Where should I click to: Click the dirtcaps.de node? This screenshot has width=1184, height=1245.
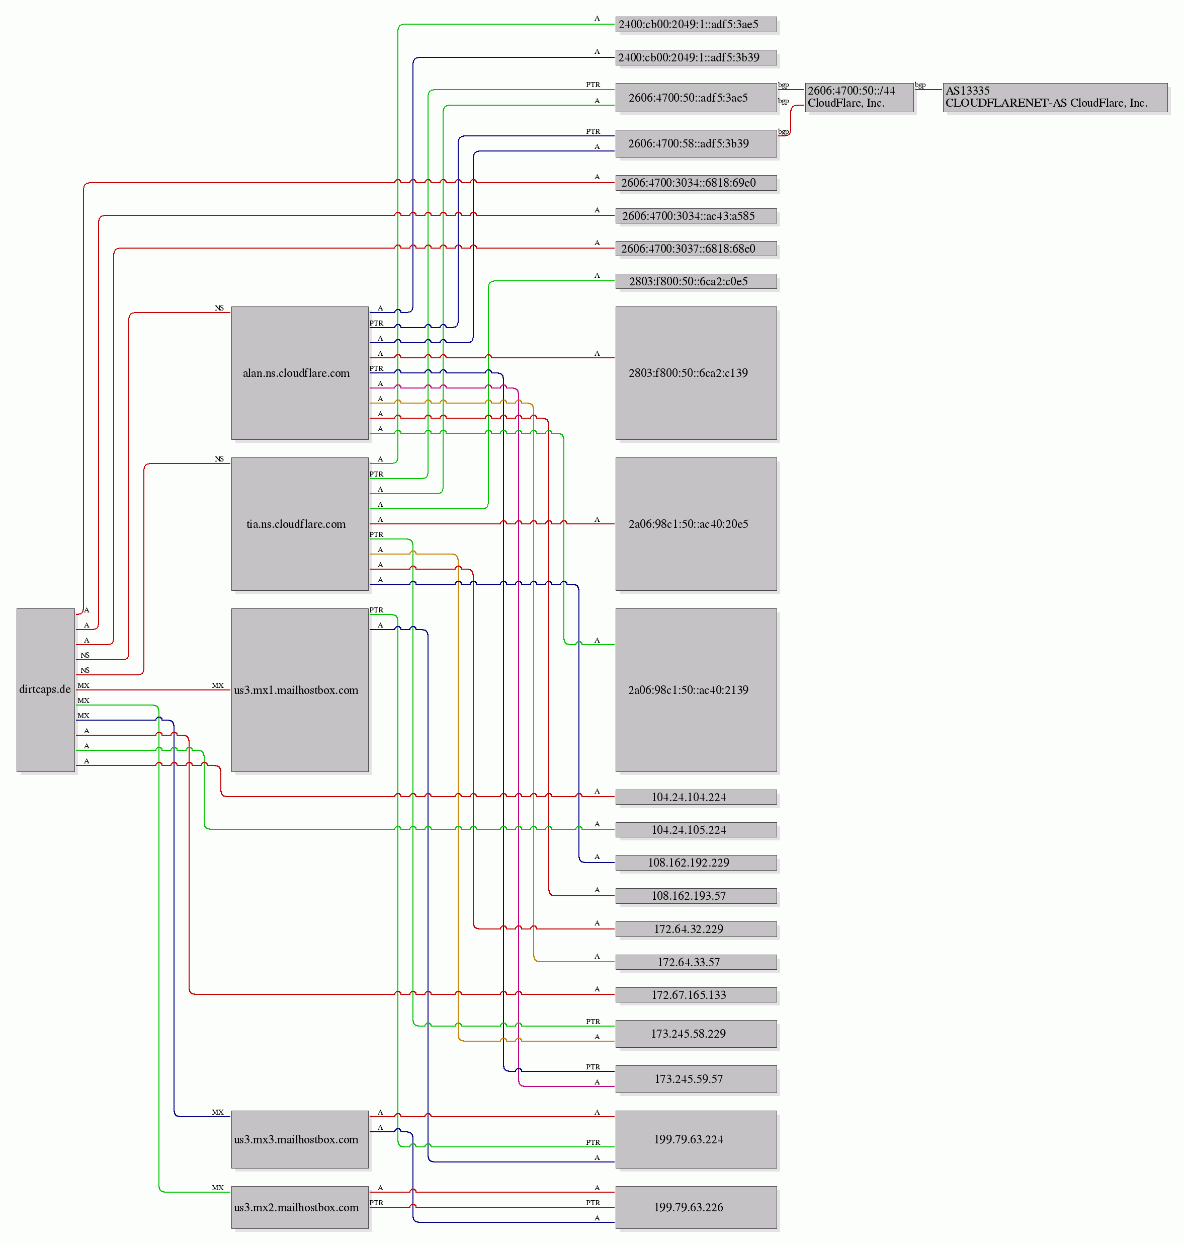(45, 689)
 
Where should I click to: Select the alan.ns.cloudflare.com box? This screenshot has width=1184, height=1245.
(300, 373)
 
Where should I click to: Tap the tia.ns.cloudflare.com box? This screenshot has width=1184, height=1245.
(300, 524)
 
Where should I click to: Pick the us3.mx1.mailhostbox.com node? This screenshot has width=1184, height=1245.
(300, 690)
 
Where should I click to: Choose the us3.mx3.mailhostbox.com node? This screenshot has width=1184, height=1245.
(300, 1139)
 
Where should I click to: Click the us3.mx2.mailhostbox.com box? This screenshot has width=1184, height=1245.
(300, 1207)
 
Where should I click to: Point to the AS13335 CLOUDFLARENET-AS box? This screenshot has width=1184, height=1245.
(1055, 97)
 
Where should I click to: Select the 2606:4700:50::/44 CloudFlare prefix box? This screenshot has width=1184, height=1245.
(860, 97)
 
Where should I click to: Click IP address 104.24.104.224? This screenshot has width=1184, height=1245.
(696, 797)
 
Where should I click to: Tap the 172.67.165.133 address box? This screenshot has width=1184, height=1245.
(696, 994)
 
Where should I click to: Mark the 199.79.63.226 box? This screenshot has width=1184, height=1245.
(696, 1207)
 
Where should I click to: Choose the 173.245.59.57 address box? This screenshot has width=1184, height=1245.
(696, 1079)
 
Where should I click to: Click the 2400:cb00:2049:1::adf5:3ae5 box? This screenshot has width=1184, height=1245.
(696, 25)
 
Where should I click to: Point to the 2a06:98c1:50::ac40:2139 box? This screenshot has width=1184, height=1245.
(696, 690)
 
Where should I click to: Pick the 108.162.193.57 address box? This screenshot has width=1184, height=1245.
(696, 896)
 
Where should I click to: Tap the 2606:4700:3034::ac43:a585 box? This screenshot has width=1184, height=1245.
(696, 216)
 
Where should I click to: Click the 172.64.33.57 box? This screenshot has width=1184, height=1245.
(696, 962)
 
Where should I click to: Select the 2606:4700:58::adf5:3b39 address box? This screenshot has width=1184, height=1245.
(696, 143)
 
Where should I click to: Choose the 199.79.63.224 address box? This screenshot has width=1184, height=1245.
(696, 1139)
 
